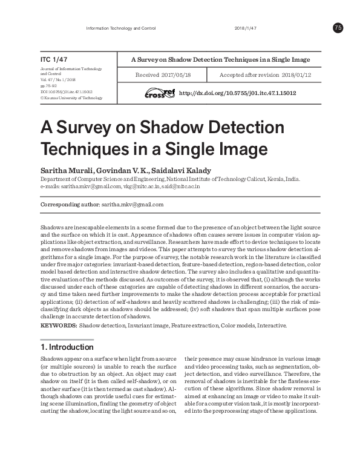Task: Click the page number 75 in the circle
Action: (338, 28)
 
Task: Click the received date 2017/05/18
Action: (174, 76)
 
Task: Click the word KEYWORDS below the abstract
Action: (58, 326)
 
